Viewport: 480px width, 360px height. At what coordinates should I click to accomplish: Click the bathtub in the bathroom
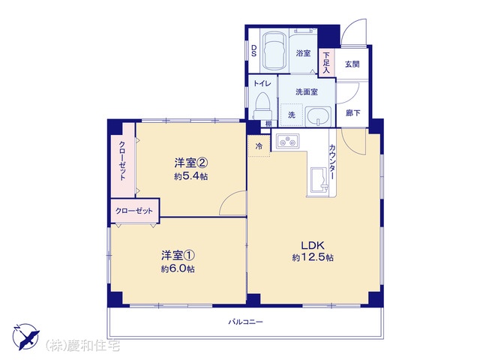(x=274, y=51)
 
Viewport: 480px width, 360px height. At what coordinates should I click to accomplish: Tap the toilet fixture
(x=262, y=106)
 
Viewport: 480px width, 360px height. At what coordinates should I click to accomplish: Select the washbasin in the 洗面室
(x=318, y=116)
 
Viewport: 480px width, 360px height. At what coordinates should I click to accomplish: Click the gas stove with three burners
(x=288, y=141)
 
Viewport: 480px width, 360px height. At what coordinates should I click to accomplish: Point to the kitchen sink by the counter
(x=319, y=180)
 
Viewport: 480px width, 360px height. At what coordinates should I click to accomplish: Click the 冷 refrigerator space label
(x=259, y=146)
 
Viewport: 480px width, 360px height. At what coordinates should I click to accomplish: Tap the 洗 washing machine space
(x=292, y=115)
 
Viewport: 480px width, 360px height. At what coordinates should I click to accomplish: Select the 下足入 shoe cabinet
(x=327, y=63)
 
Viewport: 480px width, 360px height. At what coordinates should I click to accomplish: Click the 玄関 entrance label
(x=352, y=64)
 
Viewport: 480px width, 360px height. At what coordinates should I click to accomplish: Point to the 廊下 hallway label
(x=352, y=113)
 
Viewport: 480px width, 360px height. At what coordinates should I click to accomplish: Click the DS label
(x=253, y=50)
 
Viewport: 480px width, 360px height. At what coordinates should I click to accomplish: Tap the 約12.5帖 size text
(x=313, y=257)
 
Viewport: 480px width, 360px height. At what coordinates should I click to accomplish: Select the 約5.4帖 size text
(x=191, y=176)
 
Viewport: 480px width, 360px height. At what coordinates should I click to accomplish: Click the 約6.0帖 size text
(x=178, y=268)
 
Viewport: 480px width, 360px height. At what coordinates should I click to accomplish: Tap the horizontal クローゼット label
(x=134, y=211)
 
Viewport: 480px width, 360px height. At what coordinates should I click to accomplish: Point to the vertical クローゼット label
(x=122, y=160)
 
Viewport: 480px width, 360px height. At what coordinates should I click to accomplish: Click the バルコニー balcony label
(x=245, y=322)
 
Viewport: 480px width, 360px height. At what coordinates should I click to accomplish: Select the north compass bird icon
(x=25, y=336)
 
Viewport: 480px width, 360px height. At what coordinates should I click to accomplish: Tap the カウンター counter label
(x=331, y=162)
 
